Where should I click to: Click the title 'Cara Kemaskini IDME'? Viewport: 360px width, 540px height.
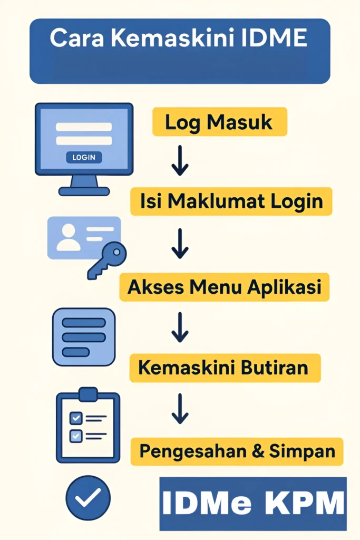[x=179, y=39]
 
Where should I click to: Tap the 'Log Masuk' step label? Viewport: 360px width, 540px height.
[x=219, y=122]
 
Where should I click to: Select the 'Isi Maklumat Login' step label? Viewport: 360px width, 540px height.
[x=231, y=201]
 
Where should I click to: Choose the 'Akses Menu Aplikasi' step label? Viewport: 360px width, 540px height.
[x=224, y=287]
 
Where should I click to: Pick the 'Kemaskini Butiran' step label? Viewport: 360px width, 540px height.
[x=223, y=368]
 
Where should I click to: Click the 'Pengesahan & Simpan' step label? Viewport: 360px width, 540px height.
[x=237, y=451]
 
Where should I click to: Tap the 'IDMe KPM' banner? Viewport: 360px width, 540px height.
[x=253, y=504]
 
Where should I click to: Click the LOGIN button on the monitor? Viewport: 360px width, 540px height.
[x=84, y=157]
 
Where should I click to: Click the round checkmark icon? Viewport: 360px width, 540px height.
[x=88, y=497]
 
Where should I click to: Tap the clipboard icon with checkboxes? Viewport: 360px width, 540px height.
[x=88, y=427]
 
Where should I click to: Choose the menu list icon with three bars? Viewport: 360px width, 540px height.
[x=84, y=337]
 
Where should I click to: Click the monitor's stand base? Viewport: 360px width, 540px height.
[x=84, y=191]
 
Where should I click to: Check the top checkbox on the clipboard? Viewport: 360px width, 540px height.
[x=76, y=418]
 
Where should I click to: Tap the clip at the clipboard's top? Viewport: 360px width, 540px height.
[x=88, y=394]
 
